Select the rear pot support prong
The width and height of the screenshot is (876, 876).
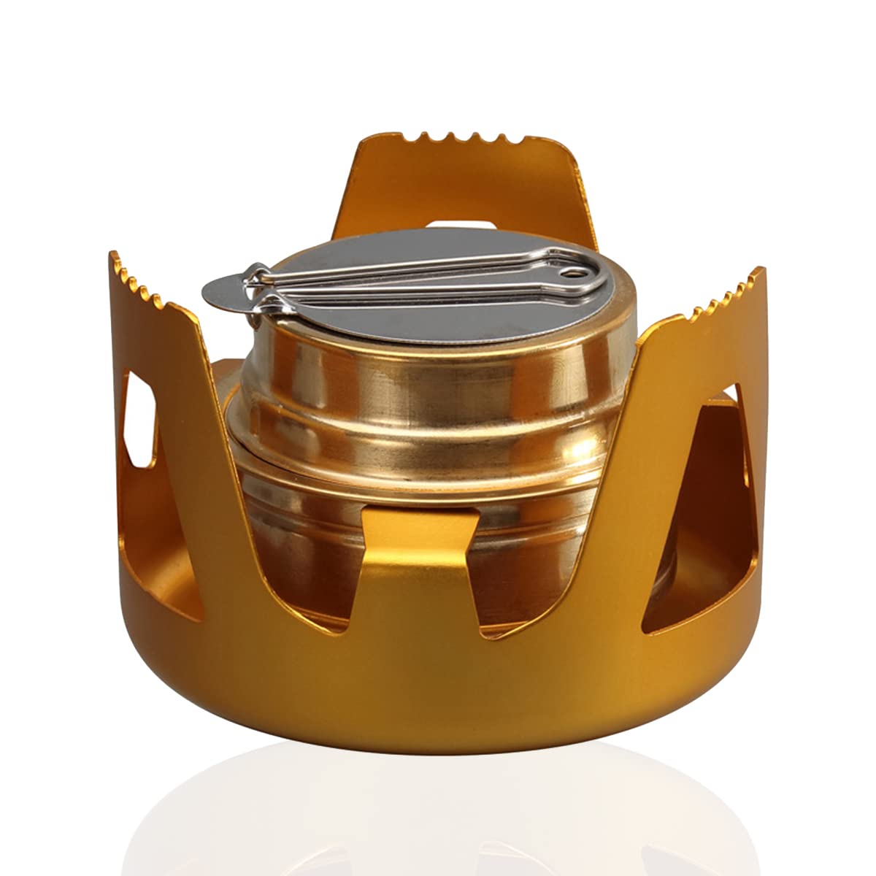(467, 182)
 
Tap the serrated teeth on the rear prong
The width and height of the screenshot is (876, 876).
(467, 139)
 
